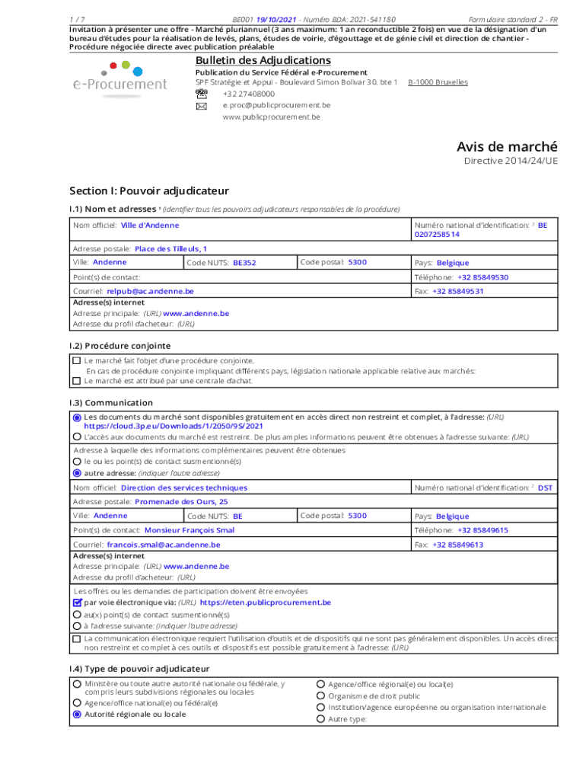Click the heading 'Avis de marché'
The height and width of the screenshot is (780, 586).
(507, 146)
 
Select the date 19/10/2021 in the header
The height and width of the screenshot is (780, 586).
(276, 18)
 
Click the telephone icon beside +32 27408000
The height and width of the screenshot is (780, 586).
(201, 93)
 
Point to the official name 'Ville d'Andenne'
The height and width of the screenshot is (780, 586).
(150, 225)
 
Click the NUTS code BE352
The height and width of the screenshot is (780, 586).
(244, 263)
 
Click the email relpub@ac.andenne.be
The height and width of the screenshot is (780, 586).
(150, 291)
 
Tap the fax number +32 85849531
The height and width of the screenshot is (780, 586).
(457, 291)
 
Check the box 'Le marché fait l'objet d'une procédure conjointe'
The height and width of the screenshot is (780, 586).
(76, 360)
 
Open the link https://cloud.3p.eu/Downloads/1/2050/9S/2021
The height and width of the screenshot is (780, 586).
(173, 427)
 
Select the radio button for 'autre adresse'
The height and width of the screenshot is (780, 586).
(76, 472)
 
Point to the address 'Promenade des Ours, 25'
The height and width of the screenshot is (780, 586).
(180, 502)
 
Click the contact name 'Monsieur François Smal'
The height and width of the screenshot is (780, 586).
(189, 530)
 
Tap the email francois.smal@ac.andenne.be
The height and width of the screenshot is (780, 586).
(164, 545)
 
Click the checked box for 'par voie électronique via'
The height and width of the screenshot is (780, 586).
(77, 603)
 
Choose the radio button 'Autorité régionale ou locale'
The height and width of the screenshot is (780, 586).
(77, 714)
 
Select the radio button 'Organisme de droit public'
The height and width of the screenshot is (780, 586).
(320, 695)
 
